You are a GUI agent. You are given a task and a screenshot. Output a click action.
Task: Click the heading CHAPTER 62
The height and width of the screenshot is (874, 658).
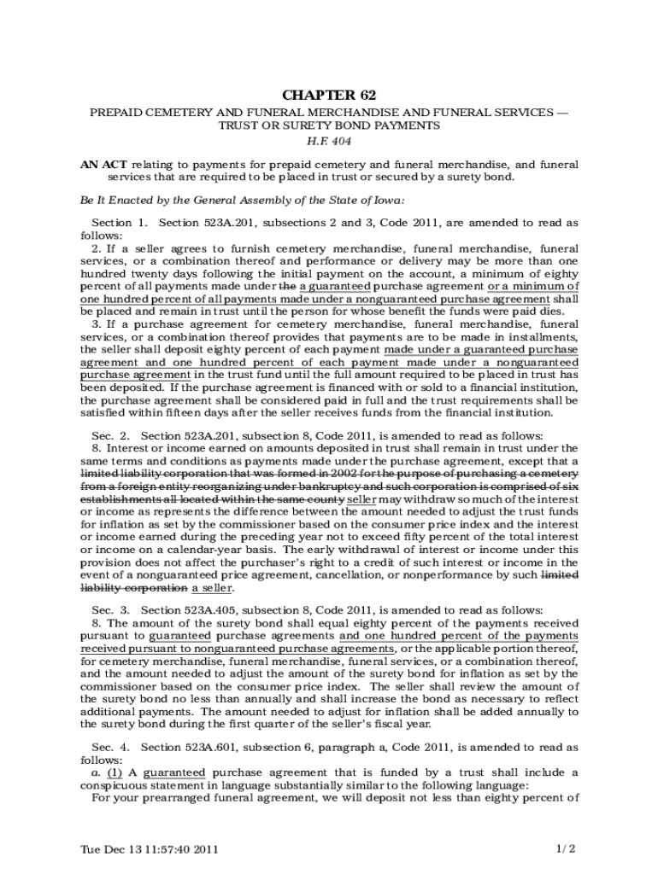click(329, 95)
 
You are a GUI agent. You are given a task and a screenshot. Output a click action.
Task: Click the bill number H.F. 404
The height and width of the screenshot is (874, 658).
click(329, 141)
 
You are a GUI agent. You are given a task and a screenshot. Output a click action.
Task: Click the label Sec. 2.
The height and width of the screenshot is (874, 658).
click(110, 436)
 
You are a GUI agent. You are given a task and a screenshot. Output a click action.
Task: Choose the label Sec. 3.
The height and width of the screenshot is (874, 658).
click(110, 610)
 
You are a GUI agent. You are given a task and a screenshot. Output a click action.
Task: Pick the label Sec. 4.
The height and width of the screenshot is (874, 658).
click(110, 748)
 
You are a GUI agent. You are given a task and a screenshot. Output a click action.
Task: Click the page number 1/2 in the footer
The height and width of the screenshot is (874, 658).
click(566, 849)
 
